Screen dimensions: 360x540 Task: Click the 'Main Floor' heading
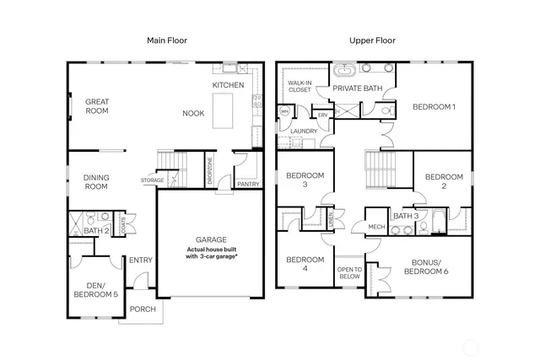(x=167, y=40)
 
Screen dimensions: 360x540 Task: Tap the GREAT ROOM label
(x=97, y=106)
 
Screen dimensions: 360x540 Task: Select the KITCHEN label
(x=228, y=85)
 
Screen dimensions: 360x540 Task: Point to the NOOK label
(x=194, y=113)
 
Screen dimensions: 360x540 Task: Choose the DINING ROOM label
(x=96, y=182)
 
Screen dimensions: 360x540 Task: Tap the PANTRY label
(x=248, y=183)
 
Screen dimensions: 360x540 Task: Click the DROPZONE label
(x=209, y=173)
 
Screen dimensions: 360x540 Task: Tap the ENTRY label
(x=140, y=260)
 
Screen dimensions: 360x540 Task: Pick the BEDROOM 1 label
(x=434, y=107)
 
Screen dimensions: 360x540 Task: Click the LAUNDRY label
(x=303, y=132)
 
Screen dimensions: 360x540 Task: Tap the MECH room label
(x=376, y=226)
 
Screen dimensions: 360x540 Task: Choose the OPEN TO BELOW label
(x=349, y=272)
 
